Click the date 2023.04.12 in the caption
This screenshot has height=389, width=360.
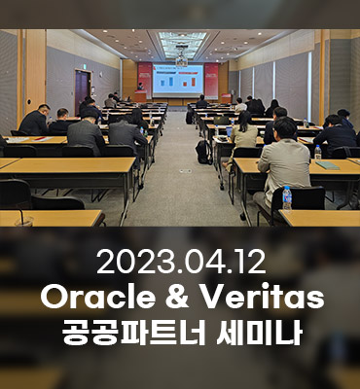pyautogui.click(x=181, y=262)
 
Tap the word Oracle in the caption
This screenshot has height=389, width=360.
pyautogui.click(x=97, y=297)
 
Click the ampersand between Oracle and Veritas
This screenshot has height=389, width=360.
pyautogui.click(x=177, y=297)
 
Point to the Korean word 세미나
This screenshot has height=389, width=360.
pyautogui.click(x=260, y=333)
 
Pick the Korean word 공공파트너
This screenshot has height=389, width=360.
pyautogui.click(x=133, y=333)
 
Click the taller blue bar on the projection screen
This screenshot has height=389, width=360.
pyautogui.click(x=171, y=81)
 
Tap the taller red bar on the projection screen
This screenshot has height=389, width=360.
pyautogui.click(x=194, y=82)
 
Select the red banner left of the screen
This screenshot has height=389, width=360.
pyautogui.click(x=145, y=80)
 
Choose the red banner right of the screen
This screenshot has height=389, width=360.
pyautogui.click(x=211, y=81)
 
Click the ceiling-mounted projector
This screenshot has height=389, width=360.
pyautogui.click(x=182, y=60)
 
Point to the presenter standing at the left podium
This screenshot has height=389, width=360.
pyautogui.click(x=140, y=87)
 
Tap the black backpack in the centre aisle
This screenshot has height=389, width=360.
pyautogui.click(x=203, y=152)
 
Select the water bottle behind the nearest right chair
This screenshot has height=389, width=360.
pyautogui.click(x=287, y=197)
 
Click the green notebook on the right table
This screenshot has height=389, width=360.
pyautogui.click(x=327, y=165)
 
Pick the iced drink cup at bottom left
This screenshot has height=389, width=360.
pyautogui.click(x=24, y=221)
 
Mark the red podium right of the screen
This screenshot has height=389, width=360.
pyautogui.click(x=227, y=98)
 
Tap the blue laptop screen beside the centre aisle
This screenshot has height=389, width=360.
pyautogui.click(x=230, y=131)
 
